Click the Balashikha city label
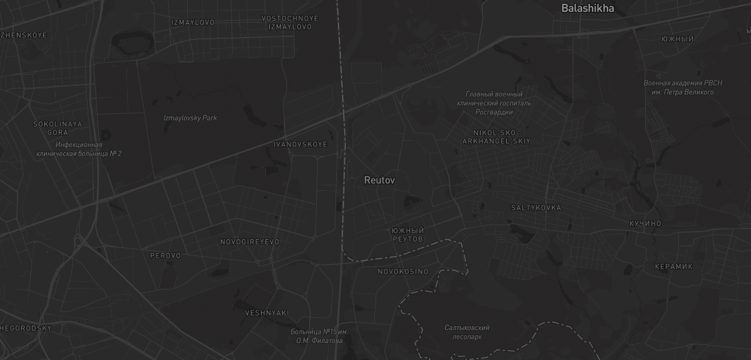coord(587,9)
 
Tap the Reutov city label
coord(379,180)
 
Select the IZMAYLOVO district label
coord(193,23)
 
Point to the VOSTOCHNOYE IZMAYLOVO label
coord(290,23)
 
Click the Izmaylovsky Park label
coord(190,118)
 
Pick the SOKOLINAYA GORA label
coord(58,128)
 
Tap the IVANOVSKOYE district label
coord(300,145)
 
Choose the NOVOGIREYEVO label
coord(250,242)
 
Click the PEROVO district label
coord(165,255)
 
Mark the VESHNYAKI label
coord(267,313)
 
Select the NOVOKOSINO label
coord(403,272)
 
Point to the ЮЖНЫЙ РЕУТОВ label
coord(408,235)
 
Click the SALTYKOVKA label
coord(536,208)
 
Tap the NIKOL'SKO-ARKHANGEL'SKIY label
coord(496,137)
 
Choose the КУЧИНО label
coord(645,224)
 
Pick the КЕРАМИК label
coord(674,267)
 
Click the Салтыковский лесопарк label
coord(467,332)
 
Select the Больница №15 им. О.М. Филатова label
coord(320,336)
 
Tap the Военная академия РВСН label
coord(682,88)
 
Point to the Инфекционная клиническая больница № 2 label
coord(79,149)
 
